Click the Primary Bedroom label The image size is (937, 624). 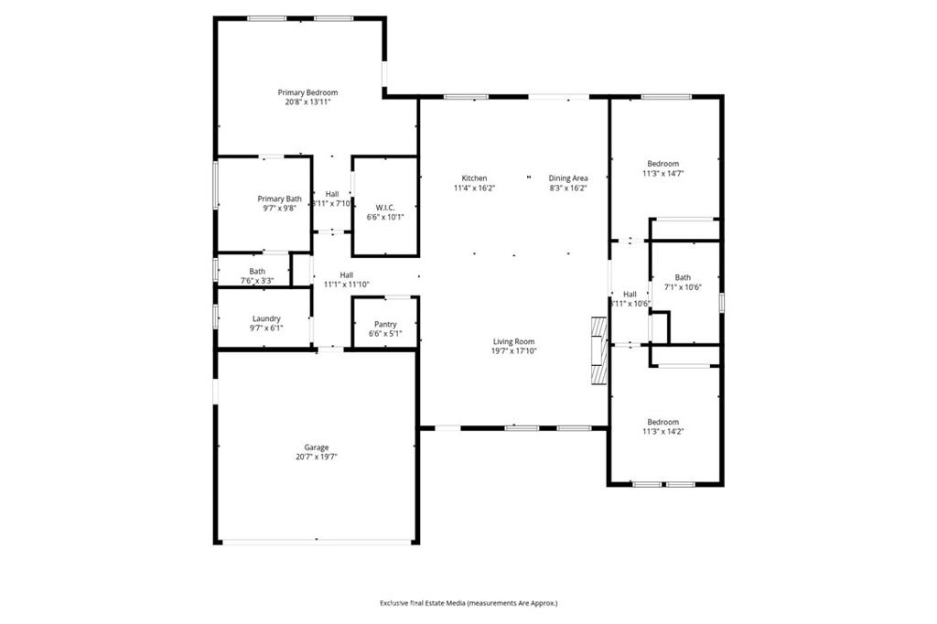coord(307,92)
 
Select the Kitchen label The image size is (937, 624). coord(474,178)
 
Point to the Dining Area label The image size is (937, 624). coord(567,178)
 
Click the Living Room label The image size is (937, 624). coord(513,341)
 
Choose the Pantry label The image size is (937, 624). coord(385,324)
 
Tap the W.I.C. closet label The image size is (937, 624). coord(385,207)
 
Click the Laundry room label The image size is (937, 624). coord(266,318)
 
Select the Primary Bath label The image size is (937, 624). coord(279,199)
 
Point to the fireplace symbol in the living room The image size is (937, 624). coord(598,351)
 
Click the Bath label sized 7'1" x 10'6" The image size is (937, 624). coord(683,277)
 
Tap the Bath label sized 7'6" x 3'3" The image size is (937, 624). coord(257,271)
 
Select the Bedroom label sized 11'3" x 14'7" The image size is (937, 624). coord(663,164)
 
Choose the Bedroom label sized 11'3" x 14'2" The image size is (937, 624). coord(663,422)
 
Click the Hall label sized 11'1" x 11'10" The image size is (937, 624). coord(347,274)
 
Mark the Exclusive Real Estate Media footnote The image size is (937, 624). coord(468,603)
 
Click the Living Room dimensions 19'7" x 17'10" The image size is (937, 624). coord(513,350)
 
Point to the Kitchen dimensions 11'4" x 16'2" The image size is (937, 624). coord(474,188)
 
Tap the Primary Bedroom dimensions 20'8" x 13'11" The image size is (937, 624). coord(307,102)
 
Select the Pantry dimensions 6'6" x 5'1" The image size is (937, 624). coord(385,333)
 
